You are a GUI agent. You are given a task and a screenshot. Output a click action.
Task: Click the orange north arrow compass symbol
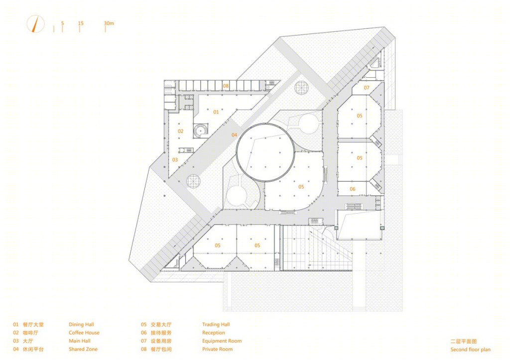tap(35, 24)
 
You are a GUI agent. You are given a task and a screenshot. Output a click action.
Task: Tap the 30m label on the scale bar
tap(109, 23)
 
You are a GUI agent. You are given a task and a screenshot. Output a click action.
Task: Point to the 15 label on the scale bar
tap(81, 23)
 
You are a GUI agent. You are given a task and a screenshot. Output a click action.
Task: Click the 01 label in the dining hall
tap(216, 112)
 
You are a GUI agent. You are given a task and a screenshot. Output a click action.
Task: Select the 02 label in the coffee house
tap(180, 131)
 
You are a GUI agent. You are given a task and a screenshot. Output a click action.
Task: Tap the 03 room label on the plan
tap(175, 160)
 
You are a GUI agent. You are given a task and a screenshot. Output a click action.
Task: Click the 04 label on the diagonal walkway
tap(235, 135)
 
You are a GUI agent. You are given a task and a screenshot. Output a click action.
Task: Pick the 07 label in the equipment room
tap(367, 88)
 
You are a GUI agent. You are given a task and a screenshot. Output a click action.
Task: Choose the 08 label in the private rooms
tap(226, 86)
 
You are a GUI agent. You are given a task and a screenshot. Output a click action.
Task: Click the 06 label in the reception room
tap(353, 189)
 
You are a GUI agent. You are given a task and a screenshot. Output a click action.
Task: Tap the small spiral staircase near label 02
tap(200, 130)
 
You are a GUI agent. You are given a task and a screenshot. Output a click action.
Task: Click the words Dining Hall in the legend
tap(81, 324)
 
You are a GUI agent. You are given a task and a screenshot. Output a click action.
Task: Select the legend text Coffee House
tap(84, 332)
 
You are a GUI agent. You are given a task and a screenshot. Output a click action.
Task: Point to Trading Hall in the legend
tap(216, 324)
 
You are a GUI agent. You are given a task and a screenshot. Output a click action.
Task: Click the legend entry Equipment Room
tap(222, 341)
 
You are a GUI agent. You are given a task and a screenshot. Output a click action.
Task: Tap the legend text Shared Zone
tap(83, 349)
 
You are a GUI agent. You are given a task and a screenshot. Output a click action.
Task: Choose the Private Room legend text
tap(217, 349)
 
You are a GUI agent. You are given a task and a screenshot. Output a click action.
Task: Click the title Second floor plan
tap(470, 350)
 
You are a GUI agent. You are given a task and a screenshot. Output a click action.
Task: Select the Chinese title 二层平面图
tap(464, 342)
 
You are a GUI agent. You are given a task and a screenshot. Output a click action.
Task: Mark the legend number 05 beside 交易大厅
tap(144, 324)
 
